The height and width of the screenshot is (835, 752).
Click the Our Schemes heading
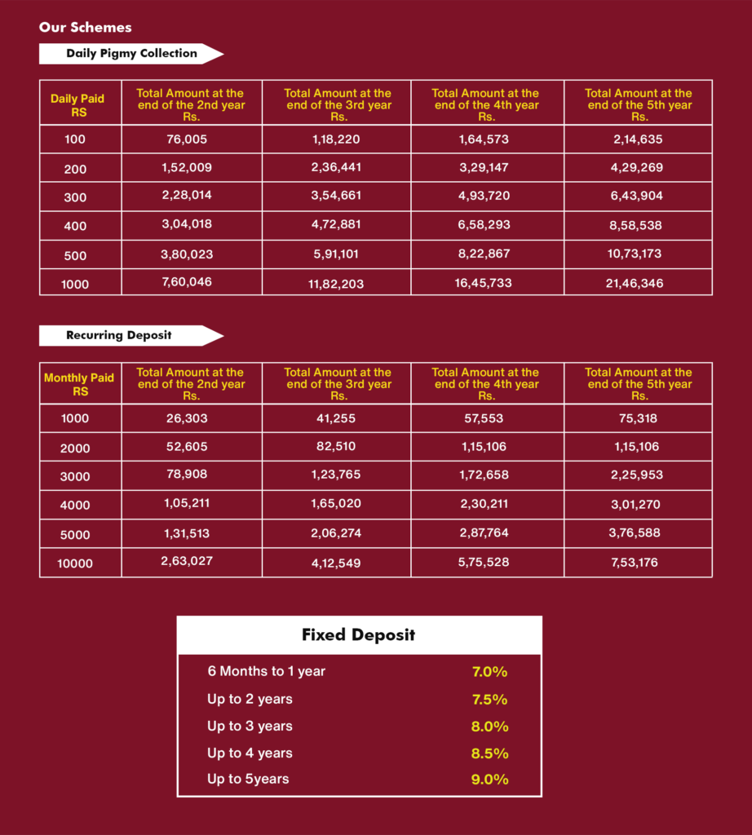[85, 28]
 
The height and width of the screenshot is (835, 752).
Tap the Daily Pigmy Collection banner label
[131, 54]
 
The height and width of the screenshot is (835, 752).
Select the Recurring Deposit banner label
[119, 335]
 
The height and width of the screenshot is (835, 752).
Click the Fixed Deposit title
[358, 635]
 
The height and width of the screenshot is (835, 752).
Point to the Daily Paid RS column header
[77, 105]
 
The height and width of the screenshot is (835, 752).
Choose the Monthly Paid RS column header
[79, 384]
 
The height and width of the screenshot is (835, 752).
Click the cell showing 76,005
[187, 139]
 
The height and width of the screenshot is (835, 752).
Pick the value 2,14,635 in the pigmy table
[638, 139]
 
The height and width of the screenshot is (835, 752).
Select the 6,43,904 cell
[638, 196]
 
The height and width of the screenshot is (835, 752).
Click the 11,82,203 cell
[337, 285]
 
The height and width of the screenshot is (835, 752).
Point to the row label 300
[75, 197]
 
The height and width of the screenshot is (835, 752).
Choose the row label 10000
[75, 563]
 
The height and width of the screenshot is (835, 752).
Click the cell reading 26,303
[187, 418]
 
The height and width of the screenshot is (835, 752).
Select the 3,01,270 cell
[638, 505]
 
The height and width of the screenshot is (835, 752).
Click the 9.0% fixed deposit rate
[489, 780]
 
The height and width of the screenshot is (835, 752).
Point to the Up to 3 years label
[250, 727]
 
